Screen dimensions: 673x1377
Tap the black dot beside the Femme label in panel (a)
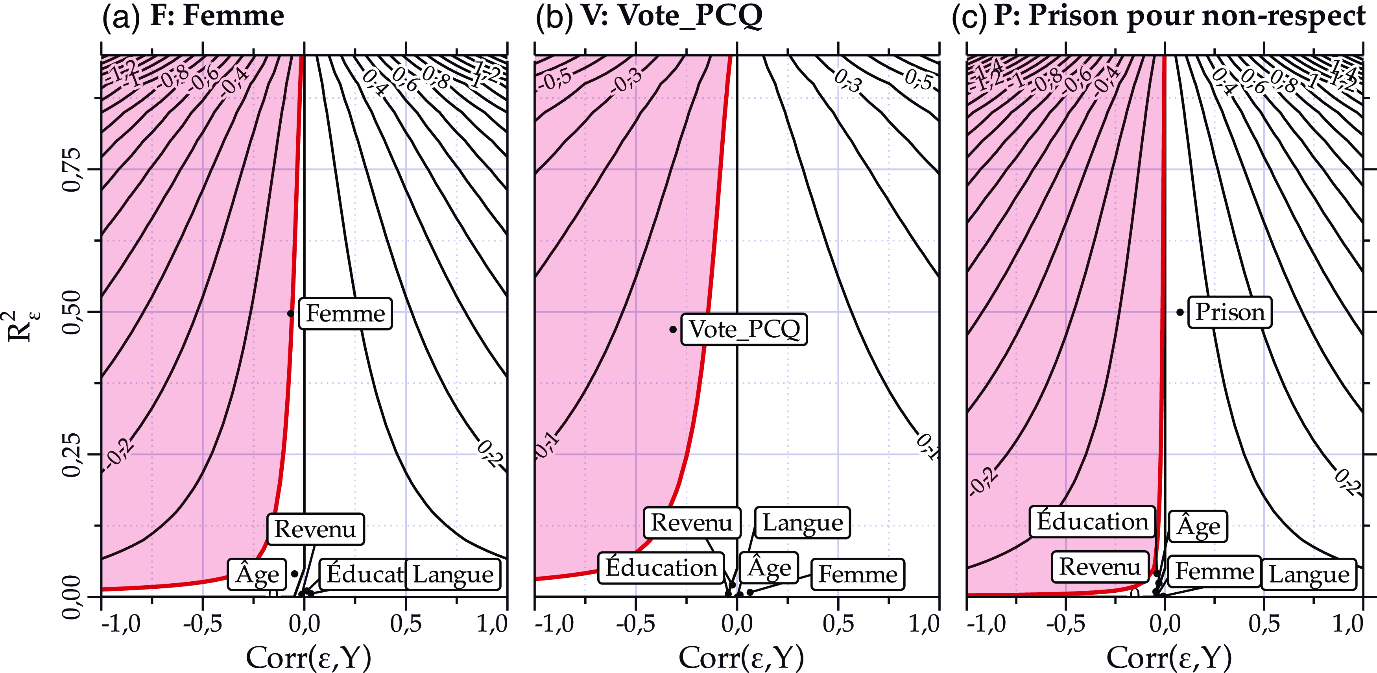[291, 313]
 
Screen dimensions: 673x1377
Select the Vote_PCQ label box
[744, 329]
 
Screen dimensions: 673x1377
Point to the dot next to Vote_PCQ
[673, 329]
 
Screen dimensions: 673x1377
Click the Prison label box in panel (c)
[1229, 312]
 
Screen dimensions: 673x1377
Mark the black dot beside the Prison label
[1180, 312]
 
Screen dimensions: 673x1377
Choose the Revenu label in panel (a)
[316, 529]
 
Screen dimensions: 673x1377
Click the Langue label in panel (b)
[802, 523]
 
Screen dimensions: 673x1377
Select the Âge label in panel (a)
[258, 575]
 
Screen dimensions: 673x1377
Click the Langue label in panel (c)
[1309, 575]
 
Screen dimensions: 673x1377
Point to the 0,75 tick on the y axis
[71, 170]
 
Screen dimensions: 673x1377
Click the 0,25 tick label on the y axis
[71, 454]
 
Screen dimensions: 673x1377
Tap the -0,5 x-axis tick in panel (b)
[635, 624]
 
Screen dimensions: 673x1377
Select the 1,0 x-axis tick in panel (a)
[492, 624]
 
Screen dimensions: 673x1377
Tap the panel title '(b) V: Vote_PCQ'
[649, 16]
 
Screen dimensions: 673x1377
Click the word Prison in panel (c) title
[1073, 16]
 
